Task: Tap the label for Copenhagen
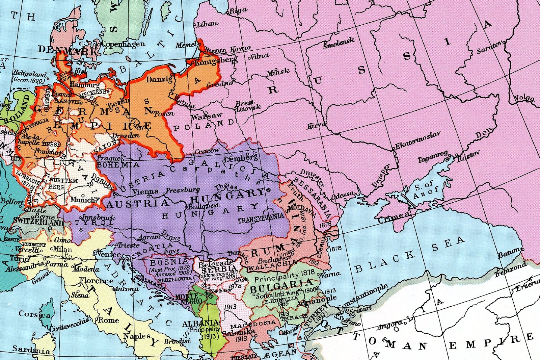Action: (x=123, y=44)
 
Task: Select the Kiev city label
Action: (x=315, y=126)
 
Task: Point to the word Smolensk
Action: (x=339, y=43)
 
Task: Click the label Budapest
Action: (x=204, y=206)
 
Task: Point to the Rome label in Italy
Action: (x=108, y=320)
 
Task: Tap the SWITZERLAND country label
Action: (x=38, y=222)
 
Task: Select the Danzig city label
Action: (x=159, y=79)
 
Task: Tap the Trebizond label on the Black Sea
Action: (x=510, y=269)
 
